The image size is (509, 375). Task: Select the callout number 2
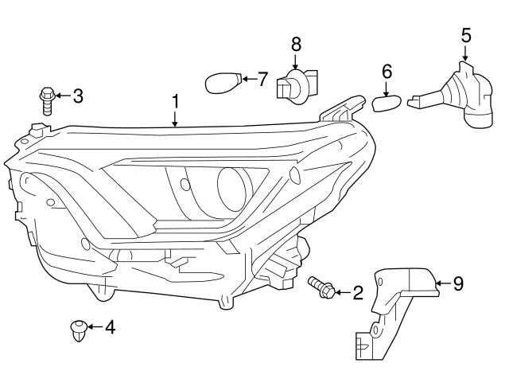click(357, 293)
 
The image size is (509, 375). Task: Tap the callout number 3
click(77, 96)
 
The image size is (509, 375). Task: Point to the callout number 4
click(110, 326)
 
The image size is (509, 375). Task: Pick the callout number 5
click(466, 35)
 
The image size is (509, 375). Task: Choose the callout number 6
click(387, 72)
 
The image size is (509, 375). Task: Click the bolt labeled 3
click(46, 101)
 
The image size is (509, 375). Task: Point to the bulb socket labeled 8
click(296, 87)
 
